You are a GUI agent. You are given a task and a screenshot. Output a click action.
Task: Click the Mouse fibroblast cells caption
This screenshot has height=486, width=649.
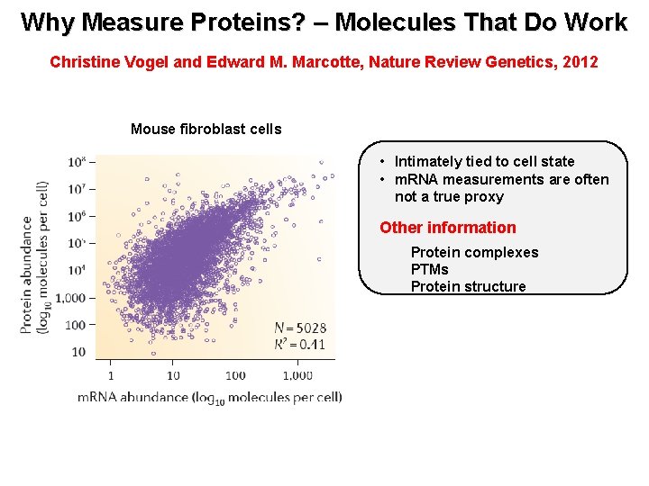coord(206,129)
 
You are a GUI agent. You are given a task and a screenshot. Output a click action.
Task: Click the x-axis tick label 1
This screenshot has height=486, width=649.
coord(111,375)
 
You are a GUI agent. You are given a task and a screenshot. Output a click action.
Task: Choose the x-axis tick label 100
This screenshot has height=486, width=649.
coord(235,375)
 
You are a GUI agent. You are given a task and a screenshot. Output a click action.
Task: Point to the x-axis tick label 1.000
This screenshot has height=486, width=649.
coord(297,375)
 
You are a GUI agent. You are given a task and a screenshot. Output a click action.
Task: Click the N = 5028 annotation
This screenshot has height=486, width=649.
coord(299,328)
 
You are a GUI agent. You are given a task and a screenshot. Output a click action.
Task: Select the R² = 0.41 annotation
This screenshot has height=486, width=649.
coord(299,344)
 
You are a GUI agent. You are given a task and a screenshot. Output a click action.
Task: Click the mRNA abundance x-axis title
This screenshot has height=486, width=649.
coord(209,397)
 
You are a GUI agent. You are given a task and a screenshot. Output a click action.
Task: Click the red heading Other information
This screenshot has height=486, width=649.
coord(447,228)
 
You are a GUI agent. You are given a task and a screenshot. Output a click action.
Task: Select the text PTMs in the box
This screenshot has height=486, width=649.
coord(429,269)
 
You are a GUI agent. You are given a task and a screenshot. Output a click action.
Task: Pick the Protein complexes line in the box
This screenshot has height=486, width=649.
coord(474,252)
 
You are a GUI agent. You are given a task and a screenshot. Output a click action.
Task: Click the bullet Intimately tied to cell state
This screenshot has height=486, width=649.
coord(484,161)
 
